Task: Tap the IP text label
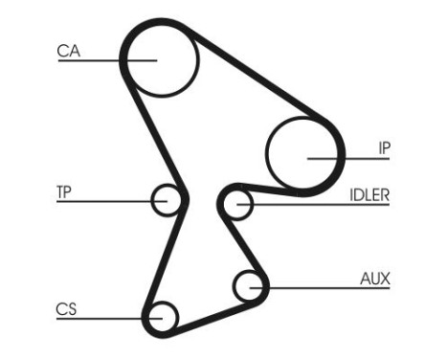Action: click(382, 148)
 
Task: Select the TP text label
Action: click(64, 191)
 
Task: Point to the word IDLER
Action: click(369, 194)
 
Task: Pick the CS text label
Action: click(65, 308)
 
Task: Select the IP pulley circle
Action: click(302, 153)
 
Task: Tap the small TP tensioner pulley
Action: click(167, 201)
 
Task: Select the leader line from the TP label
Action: click(105, 201)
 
